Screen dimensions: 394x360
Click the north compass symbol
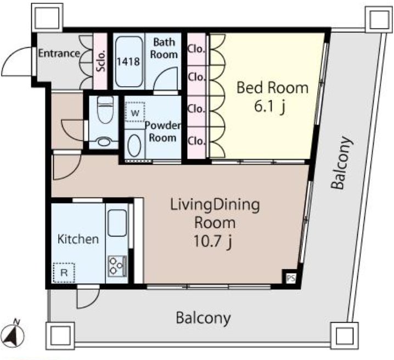15,334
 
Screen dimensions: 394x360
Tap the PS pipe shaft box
291,278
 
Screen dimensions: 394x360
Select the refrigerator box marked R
64,273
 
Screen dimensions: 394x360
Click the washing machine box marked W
135,112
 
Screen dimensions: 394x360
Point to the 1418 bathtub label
128,61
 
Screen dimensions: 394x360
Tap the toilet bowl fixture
105,110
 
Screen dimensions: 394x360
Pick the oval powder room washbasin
134,146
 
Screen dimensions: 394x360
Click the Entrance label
59,53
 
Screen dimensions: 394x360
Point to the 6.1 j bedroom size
270,107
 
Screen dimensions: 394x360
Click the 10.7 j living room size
212,241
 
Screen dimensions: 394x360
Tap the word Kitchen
78,239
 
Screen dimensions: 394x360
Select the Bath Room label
164,48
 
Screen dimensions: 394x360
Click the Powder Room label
163,131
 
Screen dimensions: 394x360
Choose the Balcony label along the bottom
203,318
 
